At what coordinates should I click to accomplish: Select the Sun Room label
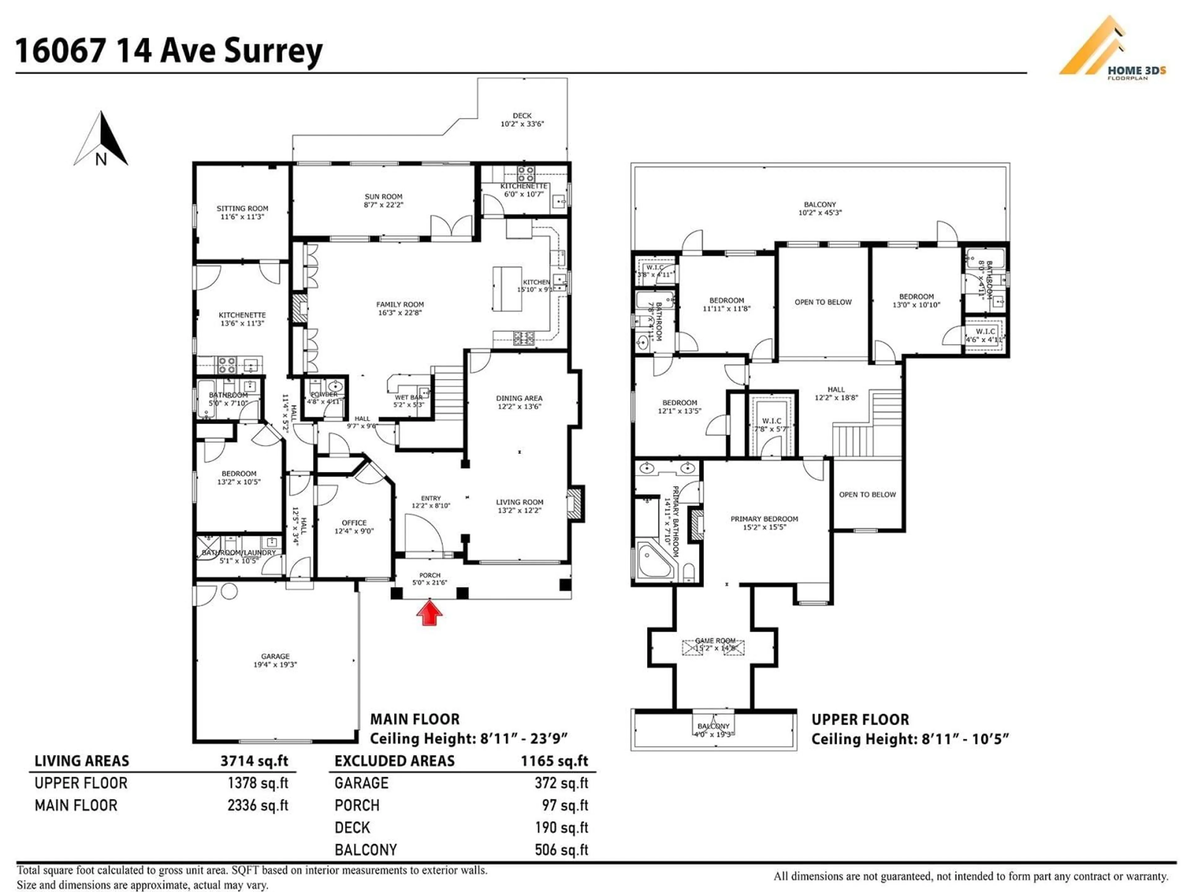pyautogui.click(x=383, y=197)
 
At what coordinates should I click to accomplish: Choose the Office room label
pyautogui.click(x=354, y=523)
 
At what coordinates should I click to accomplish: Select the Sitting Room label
pyautogui.click(x=242, y=209)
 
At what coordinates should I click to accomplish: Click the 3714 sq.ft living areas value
pyautogui.click(x=254, y=761)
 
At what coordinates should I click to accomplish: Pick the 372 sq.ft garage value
pyautogui.click(x=561, y=783)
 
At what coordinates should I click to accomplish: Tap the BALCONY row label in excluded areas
pyautogui.click(x=365, y=850)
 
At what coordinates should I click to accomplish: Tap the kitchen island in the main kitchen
pyautogui.click(x=507, y=289)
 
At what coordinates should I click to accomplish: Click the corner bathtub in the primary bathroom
pyautogui.click(x=655, y=562)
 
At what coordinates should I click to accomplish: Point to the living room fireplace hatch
pyautogui.click(x=576, y=504)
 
